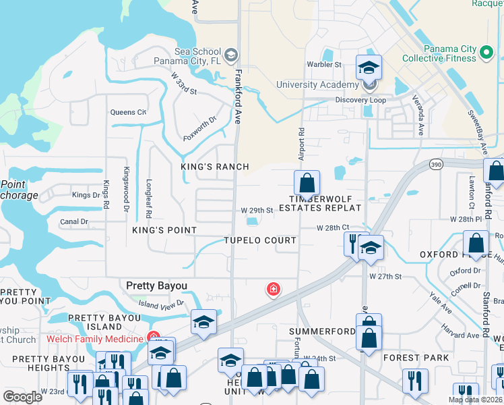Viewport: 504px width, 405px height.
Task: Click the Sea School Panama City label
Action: click(197, 57)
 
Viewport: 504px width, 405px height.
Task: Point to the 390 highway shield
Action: click(435, 164)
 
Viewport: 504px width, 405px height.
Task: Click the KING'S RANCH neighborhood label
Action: click(214, 167)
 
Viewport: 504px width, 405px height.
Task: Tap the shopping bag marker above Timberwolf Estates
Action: click(307, 182)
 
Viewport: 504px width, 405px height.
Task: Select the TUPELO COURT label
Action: click(260, 241)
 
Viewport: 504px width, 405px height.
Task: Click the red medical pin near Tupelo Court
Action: click(274, 290)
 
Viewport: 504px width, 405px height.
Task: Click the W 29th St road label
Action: click(257, 210)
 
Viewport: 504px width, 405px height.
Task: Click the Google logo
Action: click(22, 397)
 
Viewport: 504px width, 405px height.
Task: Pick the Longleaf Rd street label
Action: click(149, 196)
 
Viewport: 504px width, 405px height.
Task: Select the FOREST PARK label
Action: click(411, 358)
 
